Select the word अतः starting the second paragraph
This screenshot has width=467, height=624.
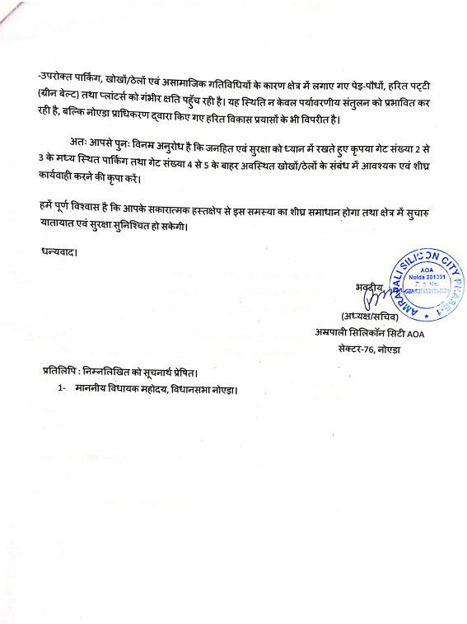click(x=79, y=145)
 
